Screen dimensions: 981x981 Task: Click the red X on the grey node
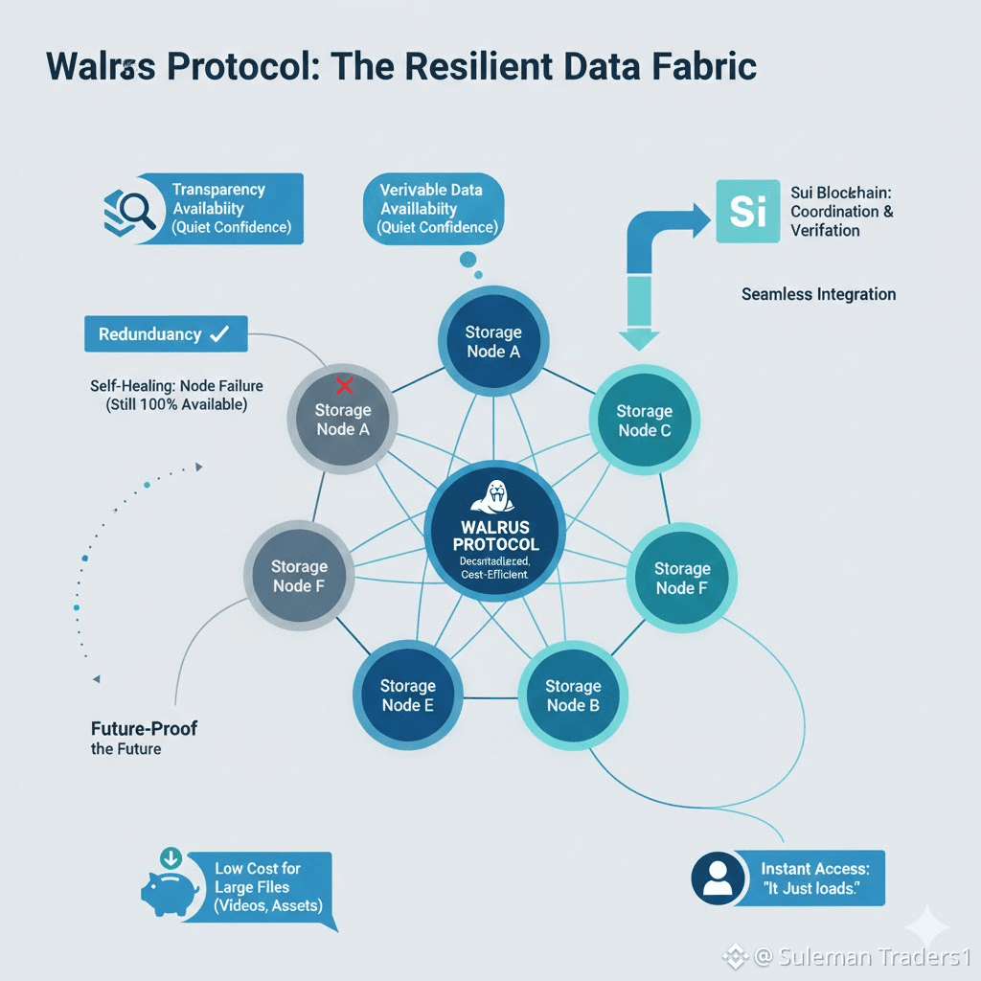coord(342,385)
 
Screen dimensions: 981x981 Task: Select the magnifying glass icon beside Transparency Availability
coord(130,207)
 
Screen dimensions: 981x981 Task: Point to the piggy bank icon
coord(171,888)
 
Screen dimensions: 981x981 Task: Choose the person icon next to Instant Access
coord(717,877)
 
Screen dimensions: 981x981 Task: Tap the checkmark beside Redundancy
coord(219,334)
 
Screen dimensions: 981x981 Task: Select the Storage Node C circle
coord(644,421)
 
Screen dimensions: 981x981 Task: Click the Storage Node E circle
coord(407,695)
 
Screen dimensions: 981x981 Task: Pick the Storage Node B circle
coord(572,695)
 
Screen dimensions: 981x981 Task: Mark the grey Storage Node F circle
coord(299,576)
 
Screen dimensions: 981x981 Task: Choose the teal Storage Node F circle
coord(681,578)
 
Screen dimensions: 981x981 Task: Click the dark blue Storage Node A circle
coord(493,342)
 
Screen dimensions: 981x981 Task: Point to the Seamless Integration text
coord(818,294)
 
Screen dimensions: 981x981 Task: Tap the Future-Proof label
coord(144,728)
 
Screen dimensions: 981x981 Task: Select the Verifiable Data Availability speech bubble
coord(433,208)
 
